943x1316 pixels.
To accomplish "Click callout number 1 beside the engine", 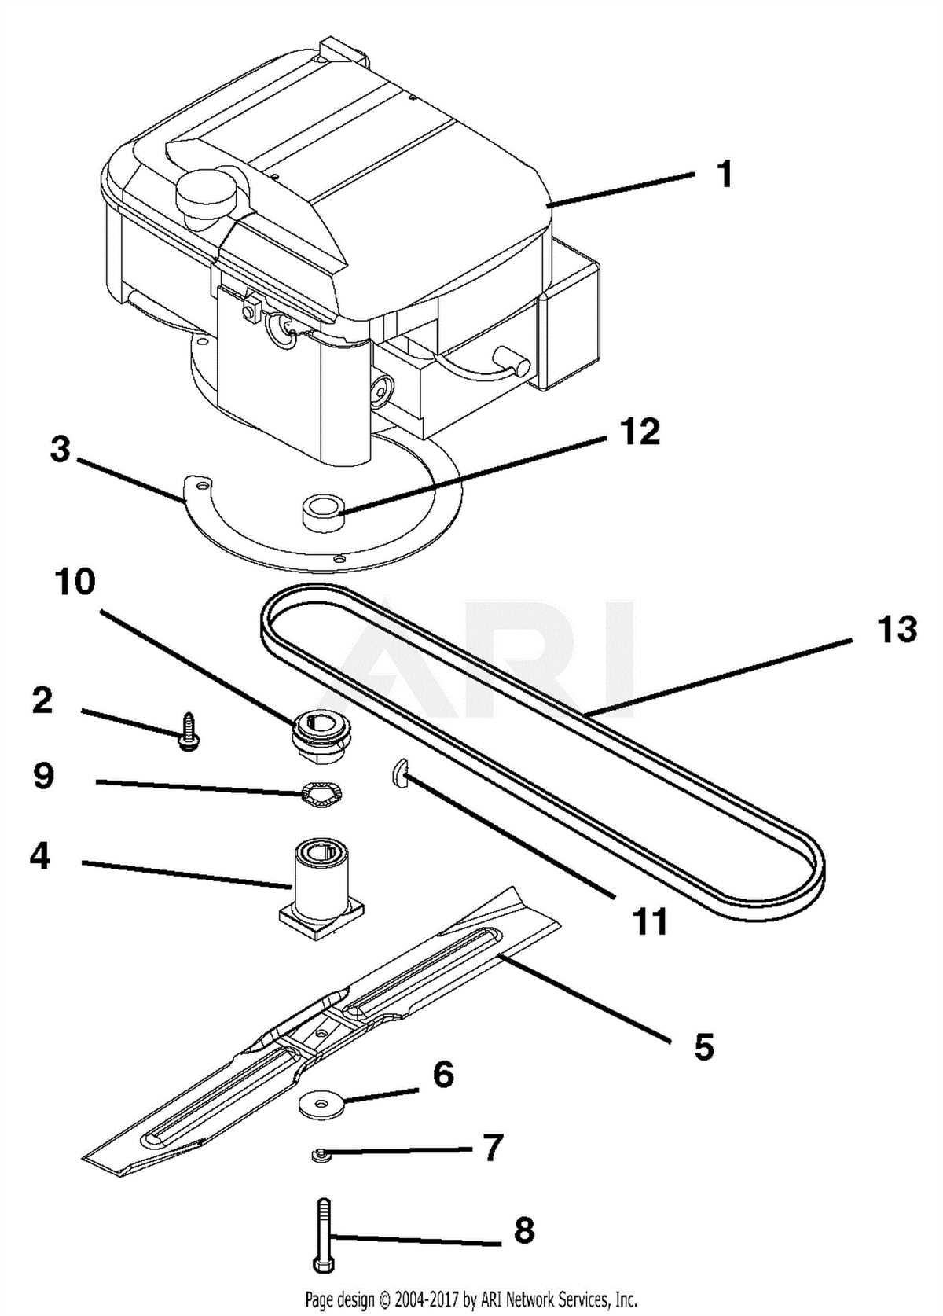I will (725, 175).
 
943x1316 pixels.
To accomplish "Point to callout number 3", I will (60, 451).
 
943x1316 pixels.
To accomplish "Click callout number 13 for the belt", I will (897, 630).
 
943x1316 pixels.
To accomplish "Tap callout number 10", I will (75, 583).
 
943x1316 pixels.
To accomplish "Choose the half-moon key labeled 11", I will (397, 775).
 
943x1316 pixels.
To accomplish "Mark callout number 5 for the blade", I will (703, 1046).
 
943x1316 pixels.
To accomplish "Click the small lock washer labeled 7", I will (319, 1154).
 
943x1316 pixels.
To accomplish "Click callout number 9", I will (43, 777).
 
